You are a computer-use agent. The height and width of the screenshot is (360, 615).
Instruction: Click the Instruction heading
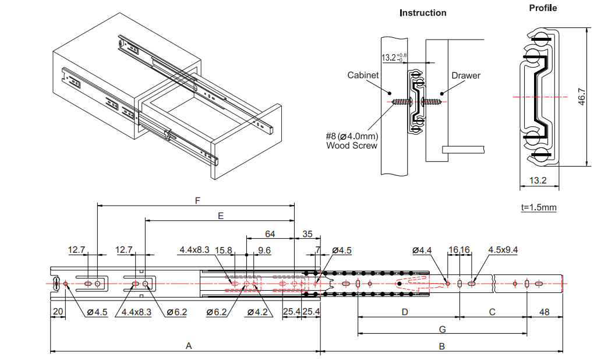coord(423,13)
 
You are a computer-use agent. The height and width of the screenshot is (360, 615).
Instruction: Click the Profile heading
coord(543,8)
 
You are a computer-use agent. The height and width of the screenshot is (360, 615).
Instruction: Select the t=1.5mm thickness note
coord(539,207)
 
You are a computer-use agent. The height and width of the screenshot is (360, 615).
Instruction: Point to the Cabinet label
coord(363,75)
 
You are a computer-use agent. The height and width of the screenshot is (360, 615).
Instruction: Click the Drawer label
coord(466,75)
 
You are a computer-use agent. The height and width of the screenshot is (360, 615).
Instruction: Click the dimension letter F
coord(197,200)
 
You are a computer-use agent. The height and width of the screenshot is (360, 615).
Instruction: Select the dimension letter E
coord(220,216)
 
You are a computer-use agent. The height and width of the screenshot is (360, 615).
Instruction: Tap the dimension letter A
coord(188,345)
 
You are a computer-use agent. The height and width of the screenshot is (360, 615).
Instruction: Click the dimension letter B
coord(441,345)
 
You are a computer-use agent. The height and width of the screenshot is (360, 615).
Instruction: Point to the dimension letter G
coord(442,329)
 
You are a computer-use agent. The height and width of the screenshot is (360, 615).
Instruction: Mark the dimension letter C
coord(492,312)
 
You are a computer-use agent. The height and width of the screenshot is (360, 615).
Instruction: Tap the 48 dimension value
coord(544,312)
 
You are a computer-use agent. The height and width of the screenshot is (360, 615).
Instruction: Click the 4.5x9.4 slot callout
coord(503,250)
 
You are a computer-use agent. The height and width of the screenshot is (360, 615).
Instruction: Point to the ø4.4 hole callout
coord(422,250)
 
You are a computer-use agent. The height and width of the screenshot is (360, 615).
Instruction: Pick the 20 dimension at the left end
coord(58,312)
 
